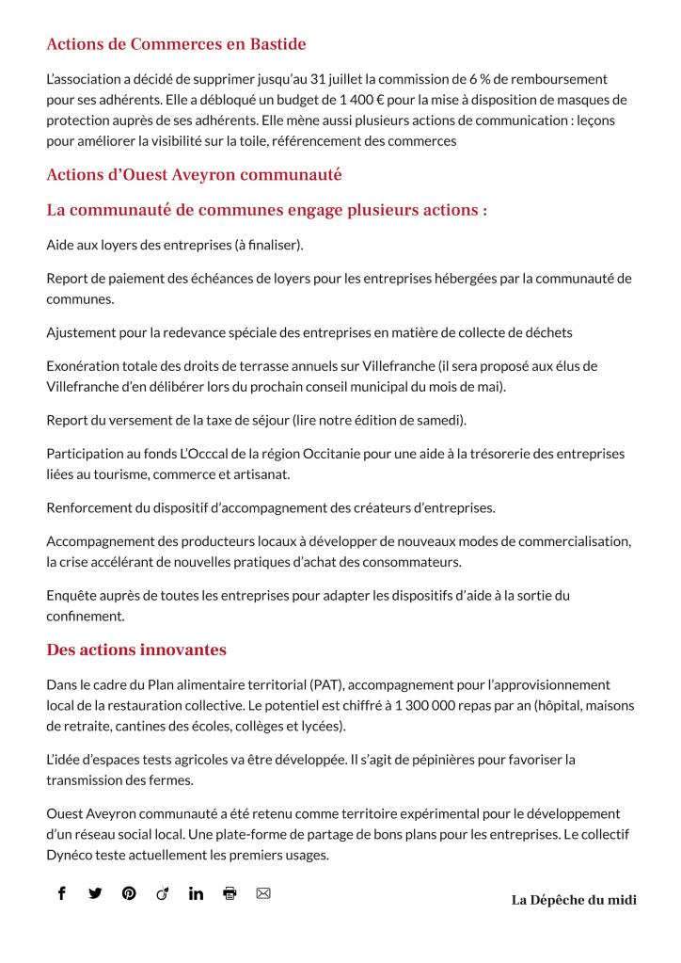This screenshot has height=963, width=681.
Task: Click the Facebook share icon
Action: (62, 893)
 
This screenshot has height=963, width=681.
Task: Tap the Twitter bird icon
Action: (95, 893)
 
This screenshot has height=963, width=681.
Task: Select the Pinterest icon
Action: (129, 893)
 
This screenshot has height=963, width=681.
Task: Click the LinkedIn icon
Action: (196, 893)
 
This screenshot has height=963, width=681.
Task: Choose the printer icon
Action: (230, 893)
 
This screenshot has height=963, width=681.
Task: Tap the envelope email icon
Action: (263, 893)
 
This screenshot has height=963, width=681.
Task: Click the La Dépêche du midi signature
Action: (574, 900)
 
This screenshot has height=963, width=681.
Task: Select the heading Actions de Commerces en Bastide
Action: (176, 44)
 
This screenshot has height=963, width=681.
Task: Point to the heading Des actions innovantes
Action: (136, 650)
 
